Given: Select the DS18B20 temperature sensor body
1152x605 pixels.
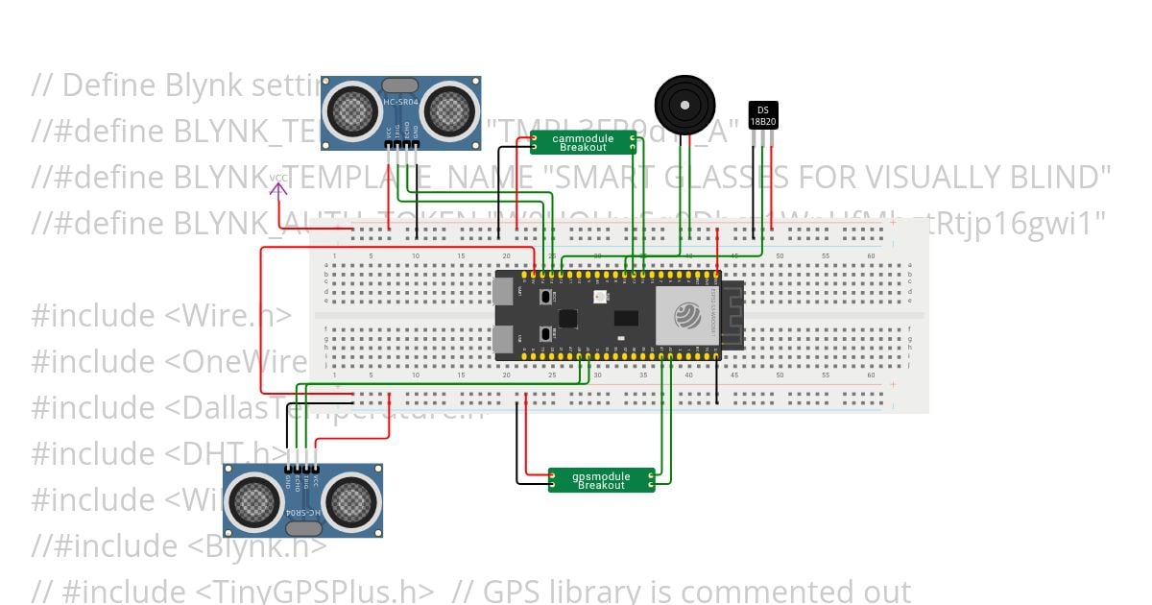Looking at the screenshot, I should click(763, 114).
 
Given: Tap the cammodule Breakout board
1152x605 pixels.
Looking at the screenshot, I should click(584, 142).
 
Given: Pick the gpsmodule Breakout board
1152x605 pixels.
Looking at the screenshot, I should click(601, 480).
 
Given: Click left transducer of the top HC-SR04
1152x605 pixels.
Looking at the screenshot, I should click(350, 110).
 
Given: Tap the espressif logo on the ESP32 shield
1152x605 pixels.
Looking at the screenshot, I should click(687, 315).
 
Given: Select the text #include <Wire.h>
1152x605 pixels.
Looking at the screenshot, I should click(161, 315).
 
